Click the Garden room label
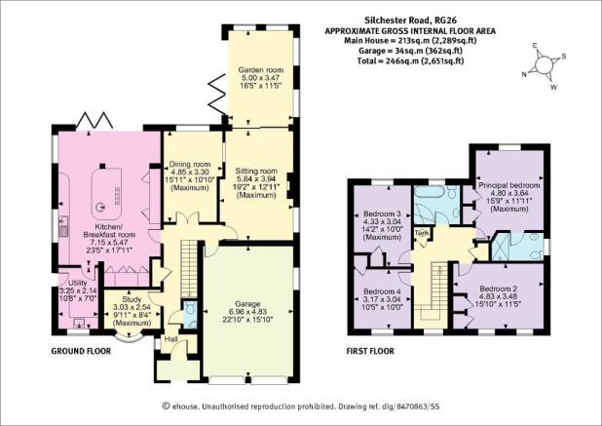tap(261, 70)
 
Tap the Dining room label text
tap(190, 164)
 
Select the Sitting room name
tap(256, 171)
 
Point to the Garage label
tap(247, 304)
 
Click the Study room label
tap(132, 299)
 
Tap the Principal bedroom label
tap(509, 185)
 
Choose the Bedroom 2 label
tap(499, 289)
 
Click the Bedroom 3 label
tap(382, 213)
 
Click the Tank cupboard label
tap(423, 233)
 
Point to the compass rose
tap(544, 65)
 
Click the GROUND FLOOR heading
tap(81, 351)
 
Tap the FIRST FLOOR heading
tap(370, 351)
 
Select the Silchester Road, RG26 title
tap(410, 20)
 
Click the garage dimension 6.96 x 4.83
tap(247, 312)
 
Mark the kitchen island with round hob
tap(107, 194)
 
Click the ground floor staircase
tap(188, 268)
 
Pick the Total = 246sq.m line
tap(410, 60)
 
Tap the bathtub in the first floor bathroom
tap(430, 192)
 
